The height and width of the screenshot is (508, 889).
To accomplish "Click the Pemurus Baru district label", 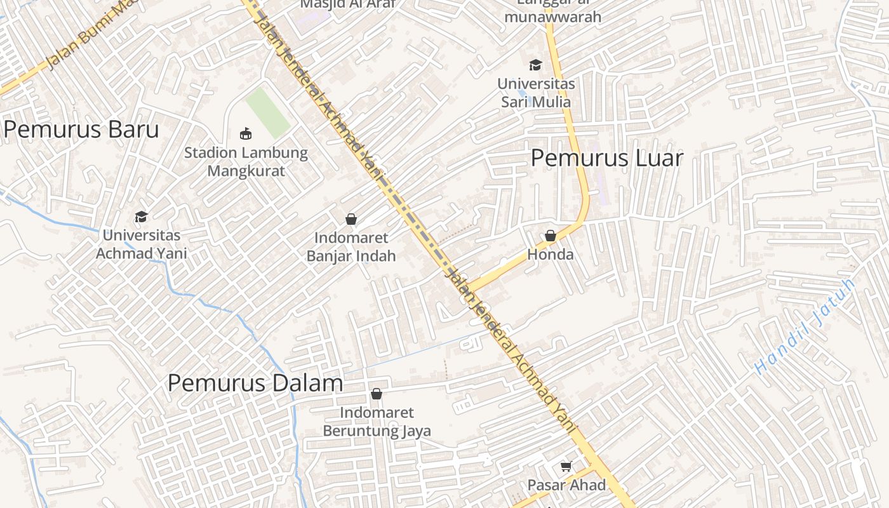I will tap(81, 130).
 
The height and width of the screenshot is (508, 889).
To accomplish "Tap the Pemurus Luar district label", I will tap(606, 158).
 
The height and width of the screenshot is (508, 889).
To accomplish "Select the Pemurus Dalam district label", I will tap(255, 383).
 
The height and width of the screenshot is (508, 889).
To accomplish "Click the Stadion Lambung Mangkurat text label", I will tap(246, 162).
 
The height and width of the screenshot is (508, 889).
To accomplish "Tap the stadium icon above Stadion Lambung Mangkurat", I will tap(246, 133).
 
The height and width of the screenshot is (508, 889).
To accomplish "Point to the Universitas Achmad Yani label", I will tap(141, 244).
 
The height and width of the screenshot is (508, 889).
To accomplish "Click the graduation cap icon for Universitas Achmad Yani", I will tap(141, 217).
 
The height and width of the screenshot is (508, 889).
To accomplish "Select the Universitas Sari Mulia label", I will tap(536, 93).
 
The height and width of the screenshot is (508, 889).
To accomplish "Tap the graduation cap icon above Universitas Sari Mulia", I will tap(536, 65).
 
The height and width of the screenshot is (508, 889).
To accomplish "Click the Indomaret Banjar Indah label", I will tap(351, 247).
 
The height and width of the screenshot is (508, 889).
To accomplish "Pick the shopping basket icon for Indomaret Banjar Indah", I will tap(351, 220).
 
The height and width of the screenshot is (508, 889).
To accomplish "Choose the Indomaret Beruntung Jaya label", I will tap(377, 422).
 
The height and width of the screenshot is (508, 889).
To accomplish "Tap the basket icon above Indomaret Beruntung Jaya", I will tap(377, 394).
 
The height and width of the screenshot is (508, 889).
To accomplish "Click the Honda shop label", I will tap(551, 255).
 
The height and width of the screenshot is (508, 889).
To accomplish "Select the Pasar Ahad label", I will tap(566, 485).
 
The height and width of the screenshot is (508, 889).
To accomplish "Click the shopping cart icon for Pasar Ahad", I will tap(566, 467).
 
